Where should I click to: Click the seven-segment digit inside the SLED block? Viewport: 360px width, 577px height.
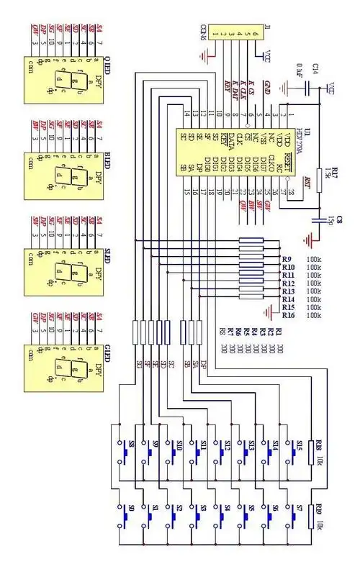(59, 273)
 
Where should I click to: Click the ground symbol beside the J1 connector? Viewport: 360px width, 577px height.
(207, 53)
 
